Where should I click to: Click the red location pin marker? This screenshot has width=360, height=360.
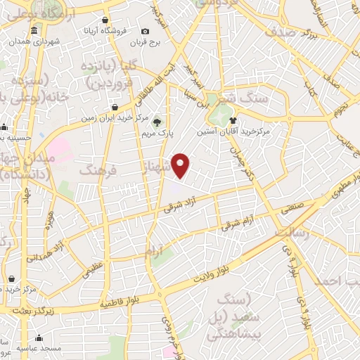tap(181, 165)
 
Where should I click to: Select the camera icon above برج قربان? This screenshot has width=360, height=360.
tap(145, 31)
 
